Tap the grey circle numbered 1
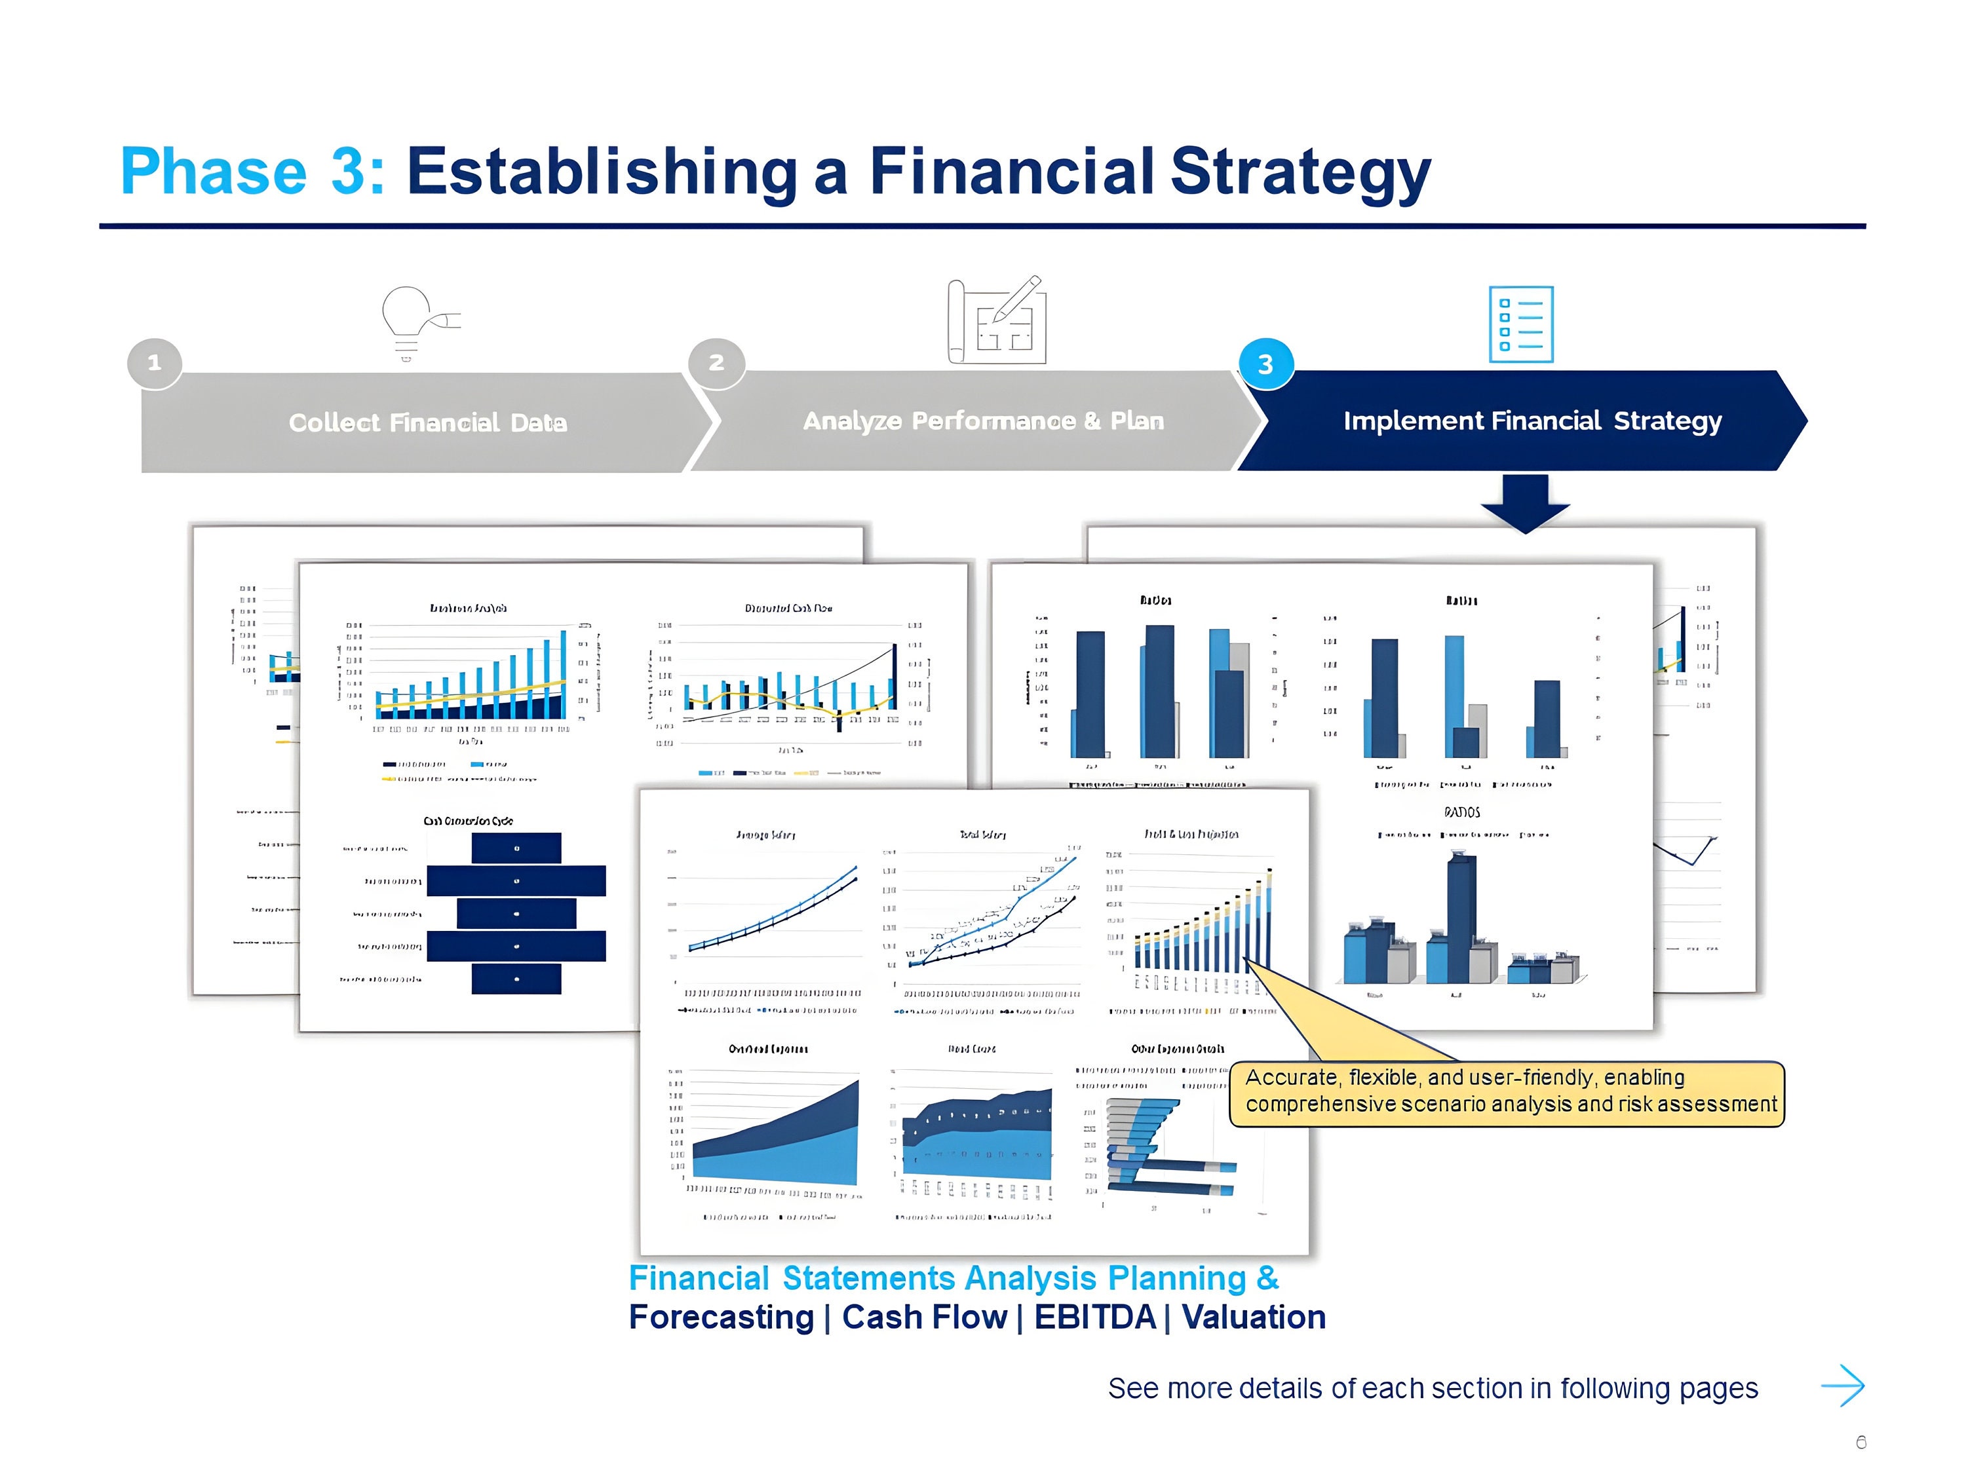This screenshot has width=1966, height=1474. pyautogui.click(x=155, y=362)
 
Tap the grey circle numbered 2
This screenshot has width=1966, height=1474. pyautogui.click(x=716, y=362)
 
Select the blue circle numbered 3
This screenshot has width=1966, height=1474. pyautogui.click(x=1265, y=364)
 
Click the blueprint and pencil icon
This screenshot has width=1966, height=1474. pyautogui.click(x=996, y=321)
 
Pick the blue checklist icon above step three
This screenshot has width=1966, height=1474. pyautogui.click(x=1521, y=324)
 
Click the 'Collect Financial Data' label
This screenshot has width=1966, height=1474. pyautogui.click(x=427, y=423)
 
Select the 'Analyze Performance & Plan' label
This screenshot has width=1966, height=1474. pyautogui.click(x=983, y=421)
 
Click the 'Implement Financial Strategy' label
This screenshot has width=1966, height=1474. pyautogui.click(x=1532, y=421)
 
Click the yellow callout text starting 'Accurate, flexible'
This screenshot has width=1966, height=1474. pyautogui.click(x=1509, y=1090)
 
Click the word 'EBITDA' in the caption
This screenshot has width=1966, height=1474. pyautogui.click(x=1094, y=1317)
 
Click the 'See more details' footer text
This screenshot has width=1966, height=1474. pyautogui.click(x=1432, y=1388)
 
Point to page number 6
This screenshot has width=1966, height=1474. pyautogui.click(x=1861, y=1442)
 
